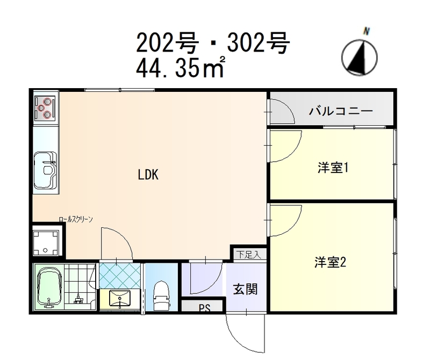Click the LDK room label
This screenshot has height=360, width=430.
(148, 175)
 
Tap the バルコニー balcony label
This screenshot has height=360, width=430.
(341, 111)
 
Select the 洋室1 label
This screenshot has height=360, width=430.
(333, 168)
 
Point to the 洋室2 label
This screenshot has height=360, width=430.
(330, 262)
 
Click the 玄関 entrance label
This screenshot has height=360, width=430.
(245, 289)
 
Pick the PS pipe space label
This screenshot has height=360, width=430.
(204, 308)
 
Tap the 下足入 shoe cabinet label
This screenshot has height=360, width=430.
(248, 255)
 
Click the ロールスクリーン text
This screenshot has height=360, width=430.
(76, 219)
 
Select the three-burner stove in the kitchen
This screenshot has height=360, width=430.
(46, 109)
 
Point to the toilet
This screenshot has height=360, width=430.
(161, 296)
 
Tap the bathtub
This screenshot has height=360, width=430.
(49, 286)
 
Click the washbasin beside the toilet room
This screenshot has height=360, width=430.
(120, 298)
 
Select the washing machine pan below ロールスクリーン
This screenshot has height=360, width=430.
(46, 243)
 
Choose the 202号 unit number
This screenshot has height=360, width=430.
(167, 42)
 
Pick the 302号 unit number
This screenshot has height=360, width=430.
(259, 42)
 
